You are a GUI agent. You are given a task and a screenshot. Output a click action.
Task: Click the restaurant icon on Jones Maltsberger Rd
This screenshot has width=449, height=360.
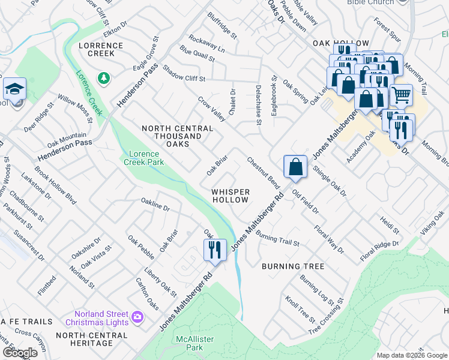pyautogui.click(x=214, y=248)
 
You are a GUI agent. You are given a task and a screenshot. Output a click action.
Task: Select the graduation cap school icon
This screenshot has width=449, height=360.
pyautogui.click(x=14, y=89)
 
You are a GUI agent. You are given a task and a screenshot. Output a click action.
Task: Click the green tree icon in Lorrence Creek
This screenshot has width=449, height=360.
pyautogui.click(x=104, y=78)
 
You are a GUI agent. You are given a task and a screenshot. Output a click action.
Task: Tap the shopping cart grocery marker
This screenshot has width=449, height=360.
pyautogui.click(x=401, y=94)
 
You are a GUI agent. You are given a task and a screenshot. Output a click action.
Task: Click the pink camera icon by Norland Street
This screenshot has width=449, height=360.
pyautogui.click(x=137, y=316)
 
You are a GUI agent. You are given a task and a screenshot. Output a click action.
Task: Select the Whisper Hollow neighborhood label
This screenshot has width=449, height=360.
pyautogui.click(x=230, y=196)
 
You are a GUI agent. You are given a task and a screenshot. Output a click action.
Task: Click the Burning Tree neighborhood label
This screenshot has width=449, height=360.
pyautogui.click(x=293, y=266)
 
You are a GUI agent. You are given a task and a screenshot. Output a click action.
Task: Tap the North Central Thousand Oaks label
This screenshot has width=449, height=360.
pyautogui.click(x=177, y=136)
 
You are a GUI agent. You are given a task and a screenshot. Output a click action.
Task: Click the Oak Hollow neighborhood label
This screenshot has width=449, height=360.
pyautogui.click(x=340, y=44)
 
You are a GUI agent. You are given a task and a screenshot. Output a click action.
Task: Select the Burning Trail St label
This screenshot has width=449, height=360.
pyautogui.click(x=277, y=238)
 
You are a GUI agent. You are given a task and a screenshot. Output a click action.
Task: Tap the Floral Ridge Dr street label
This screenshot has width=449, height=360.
pyautogui.click(x=379, y=252)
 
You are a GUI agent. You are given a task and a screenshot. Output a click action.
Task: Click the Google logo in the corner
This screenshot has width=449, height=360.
pyautogui.click(x=19, y=353)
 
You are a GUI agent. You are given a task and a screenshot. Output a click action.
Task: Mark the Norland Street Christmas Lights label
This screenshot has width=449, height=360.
pyautogui.click(x=101, y=318)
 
